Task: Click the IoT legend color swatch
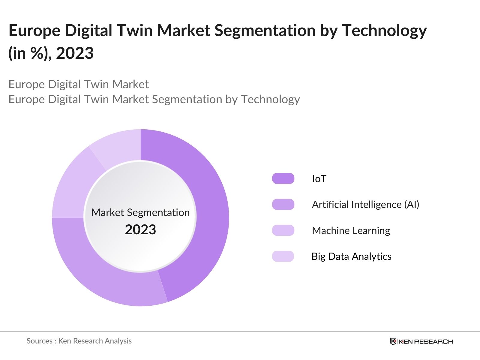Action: tap(283, 178)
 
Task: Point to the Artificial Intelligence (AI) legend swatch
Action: tap(283, 204)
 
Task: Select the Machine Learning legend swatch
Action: tap(283, 230)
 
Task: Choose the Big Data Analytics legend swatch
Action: tap(283, 256)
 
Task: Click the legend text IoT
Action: tap(319, 179)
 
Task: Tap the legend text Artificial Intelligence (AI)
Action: tap(365, 205)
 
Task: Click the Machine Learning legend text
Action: tap(351, 231)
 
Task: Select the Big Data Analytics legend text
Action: tap(351, 256)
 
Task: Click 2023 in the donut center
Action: tap(140, 230)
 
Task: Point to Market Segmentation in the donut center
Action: tap(140, 212)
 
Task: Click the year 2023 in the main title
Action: tap(75, 53)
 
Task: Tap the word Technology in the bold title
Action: tap(384, 31)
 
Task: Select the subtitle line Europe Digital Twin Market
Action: tap(79, 84)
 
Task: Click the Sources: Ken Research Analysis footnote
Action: tap(79, 341)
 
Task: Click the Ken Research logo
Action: tap(421, 341)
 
